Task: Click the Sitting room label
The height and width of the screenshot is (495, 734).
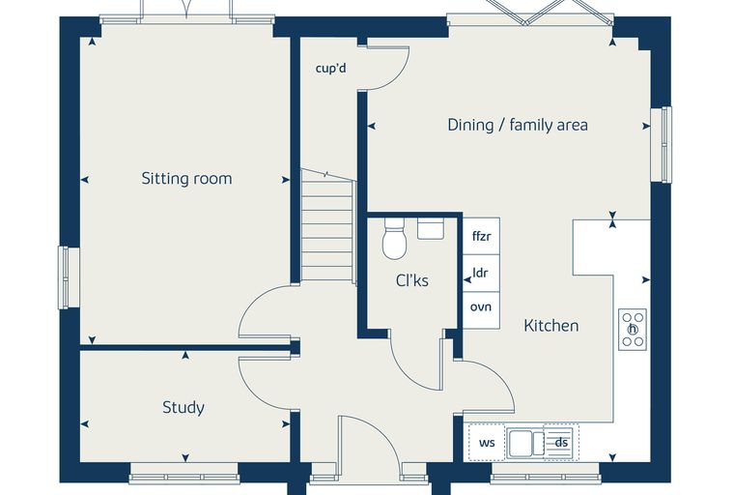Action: coord(186,179)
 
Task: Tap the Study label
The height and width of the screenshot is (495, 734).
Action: coord(183,407)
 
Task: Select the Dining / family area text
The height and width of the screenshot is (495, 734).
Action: coord(518,125)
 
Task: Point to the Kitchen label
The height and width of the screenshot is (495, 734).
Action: coord(550,325)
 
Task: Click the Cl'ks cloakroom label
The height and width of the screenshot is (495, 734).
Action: coord(412,280)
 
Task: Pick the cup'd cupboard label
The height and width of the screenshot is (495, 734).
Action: coord(331,69)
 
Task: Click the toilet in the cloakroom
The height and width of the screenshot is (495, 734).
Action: coord(395,239)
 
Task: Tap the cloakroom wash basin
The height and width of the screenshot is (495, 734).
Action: coord(431,229)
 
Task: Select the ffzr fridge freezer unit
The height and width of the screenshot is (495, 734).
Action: coord(482,236)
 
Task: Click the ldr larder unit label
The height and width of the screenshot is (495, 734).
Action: coord(481,273)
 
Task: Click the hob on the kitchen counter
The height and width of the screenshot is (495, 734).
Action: coord(633,330)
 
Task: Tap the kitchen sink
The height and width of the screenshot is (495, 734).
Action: coord(526,443)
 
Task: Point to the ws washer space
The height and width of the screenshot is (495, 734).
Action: coord(487,443)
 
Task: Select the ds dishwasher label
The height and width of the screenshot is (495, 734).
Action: coord(561,443)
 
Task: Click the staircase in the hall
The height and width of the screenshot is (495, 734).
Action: coord(327,225)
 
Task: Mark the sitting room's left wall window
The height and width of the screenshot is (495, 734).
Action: coord(69,277)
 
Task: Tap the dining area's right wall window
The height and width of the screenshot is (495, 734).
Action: coord(662,144)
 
